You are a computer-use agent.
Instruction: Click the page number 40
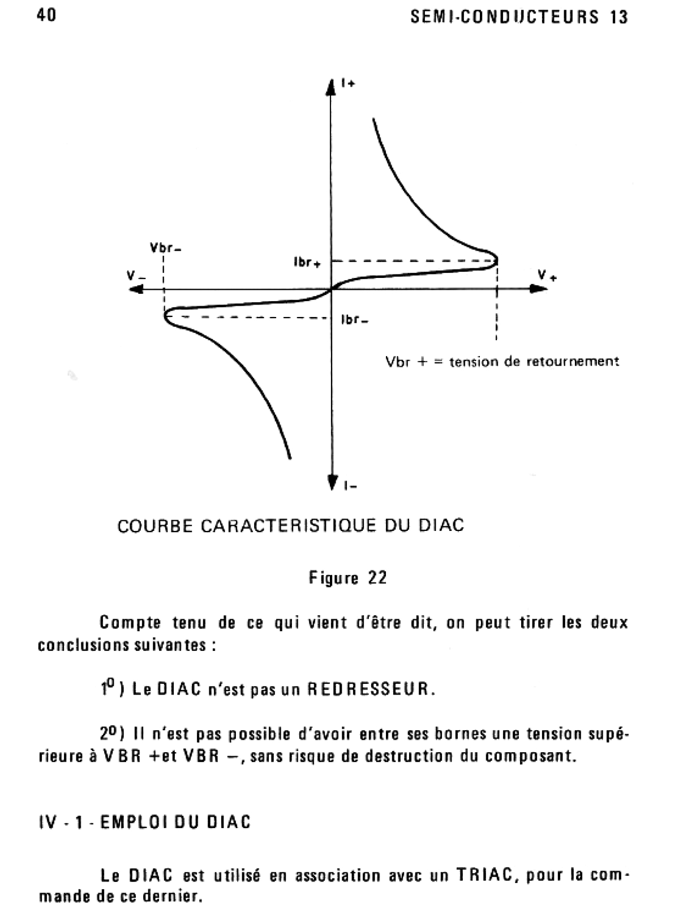46,15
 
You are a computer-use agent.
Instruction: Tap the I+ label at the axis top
348,83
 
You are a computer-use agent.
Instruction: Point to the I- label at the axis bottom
350,485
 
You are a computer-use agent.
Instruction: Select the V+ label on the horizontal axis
547,276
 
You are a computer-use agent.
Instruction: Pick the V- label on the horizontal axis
136,276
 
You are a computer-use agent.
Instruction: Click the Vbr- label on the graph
166,248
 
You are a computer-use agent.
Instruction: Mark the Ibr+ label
307,263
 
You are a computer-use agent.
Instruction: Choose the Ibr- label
355,320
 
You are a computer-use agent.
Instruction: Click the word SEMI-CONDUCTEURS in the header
505,17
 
